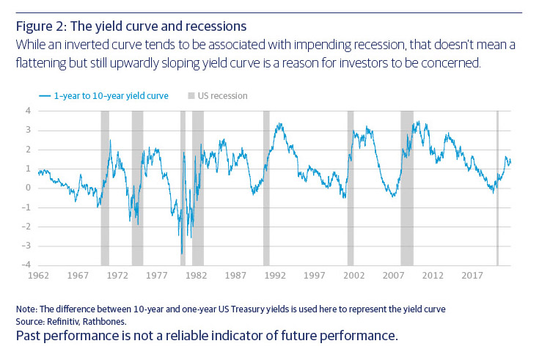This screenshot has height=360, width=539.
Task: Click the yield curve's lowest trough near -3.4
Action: click(x=182, y=253)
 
